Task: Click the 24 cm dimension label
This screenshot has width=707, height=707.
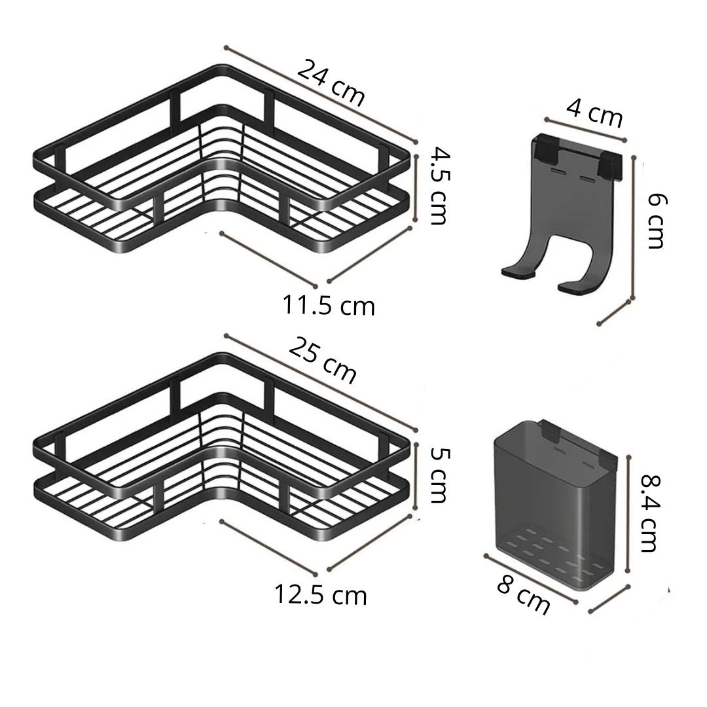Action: (331, 82)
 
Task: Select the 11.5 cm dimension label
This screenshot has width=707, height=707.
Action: (328, 305)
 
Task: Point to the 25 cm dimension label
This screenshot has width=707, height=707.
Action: (323, 361)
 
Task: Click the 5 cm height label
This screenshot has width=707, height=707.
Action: (438, 475)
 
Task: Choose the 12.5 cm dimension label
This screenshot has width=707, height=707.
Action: (321, 594)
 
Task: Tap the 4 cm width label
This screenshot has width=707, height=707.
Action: (594, 113)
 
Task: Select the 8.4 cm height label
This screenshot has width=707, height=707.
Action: (651, 513)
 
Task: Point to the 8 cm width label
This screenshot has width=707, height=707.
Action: (524, 596)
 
